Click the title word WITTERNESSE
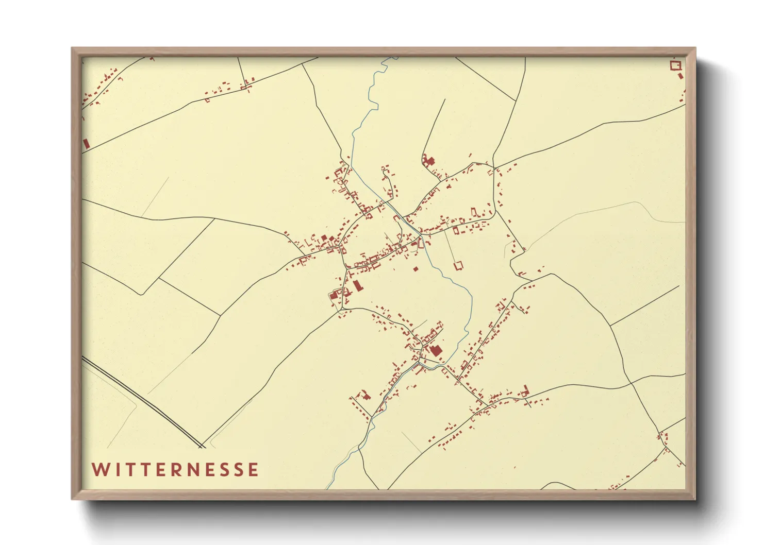pyautogui.click(x=175, y=470)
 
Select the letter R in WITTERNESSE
pyautogui.click(x=176, y=470)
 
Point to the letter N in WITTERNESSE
pyautogui.click(x=193, y=470)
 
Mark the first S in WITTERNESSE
pyautogui.click(x=224, y=470)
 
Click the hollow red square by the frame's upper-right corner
pyautogui.click(x=675, y=65)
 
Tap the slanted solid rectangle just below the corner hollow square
pyautogui.click(x=681, y=76)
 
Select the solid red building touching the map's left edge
pyautogui.click(x=86, y=143)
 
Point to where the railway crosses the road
pyautogui.click(x=202, y=446)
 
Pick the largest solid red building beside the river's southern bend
pyautogui.click(x=436, y=350)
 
